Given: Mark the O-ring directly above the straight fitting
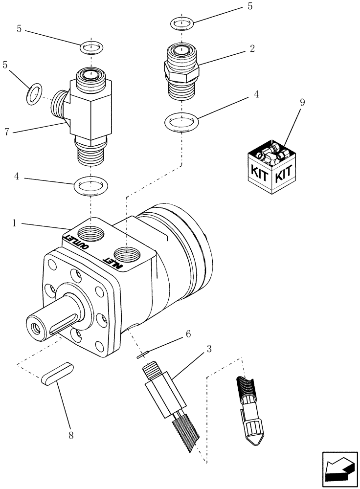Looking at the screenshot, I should pos(182,23).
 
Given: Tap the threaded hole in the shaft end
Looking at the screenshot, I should pos(35,325).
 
